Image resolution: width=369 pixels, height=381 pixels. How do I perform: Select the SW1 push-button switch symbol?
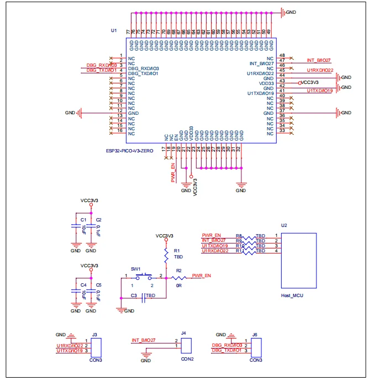(x=145, y=274)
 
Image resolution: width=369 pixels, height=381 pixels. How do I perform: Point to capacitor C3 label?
(x=134, y=296)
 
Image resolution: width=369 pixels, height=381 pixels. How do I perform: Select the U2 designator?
(x=284, y=225)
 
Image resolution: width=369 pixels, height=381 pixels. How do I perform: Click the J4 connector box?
(x=186, y=345)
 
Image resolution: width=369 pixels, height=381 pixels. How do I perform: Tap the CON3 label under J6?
(x=256, y=360)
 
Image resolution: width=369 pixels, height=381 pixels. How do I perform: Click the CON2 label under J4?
(x=186, y=359)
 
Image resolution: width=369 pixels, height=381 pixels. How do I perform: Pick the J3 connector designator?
(x=95, y=335)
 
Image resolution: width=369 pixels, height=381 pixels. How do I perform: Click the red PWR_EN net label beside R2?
(x=201, y=275)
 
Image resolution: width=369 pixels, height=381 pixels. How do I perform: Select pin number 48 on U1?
(x=282, y=56)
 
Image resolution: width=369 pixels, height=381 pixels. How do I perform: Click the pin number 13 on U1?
(x=120, y=113)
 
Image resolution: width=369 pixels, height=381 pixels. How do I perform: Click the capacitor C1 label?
(x=83, y=220)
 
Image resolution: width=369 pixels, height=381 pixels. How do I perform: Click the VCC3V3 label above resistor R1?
(x=165, y=235)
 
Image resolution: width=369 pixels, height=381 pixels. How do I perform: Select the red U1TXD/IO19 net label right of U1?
(x=319, y=91)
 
